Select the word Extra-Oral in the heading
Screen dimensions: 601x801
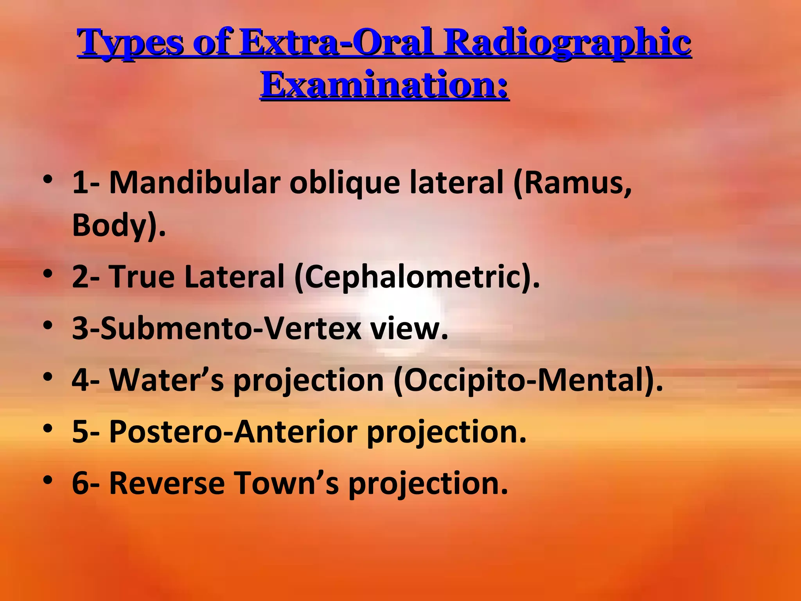click(x=337, y=41)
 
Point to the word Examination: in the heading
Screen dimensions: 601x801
click(x=385, y=84)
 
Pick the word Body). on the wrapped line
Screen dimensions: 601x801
click(x=119, y=226)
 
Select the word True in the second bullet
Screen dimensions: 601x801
click(x=142, y=276)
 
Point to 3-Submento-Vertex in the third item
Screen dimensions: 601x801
click(x=216, y=328)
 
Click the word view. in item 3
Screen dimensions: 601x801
click(x=409, y=329)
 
